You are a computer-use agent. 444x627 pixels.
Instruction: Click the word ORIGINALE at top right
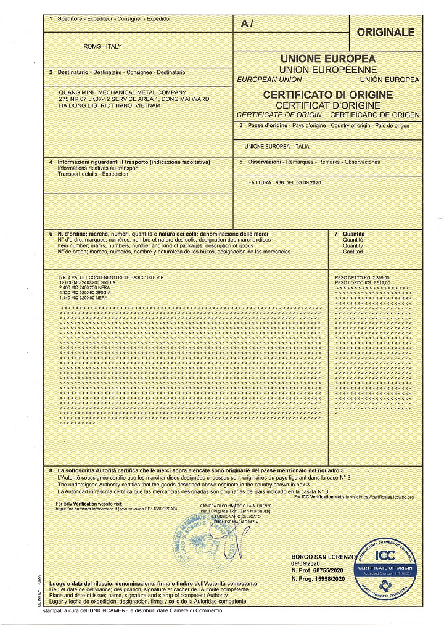[x=385, y=33]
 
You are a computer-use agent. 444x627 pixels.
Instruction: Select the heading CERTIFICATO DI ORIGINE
[x=327, y=95]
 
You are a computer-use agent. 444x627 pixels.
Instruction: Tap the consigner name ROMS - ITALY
[x=102, y=47]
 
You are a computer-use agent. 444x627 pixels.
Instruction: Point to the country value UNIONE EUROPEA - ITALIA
[x=277, y=147]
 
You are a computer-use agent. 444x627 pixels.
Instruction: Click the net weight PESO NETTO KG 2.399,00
[x=363, y=278]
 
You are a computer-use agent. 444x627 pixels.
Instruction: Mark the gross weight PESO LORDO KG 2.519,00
[x=363, y=283]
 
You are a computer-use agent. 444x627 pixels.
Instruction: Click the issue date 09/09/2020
[x=306, y=563]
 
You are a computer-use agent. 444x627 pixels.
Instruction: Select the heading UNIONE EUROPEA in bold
[x=327, y=59]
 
